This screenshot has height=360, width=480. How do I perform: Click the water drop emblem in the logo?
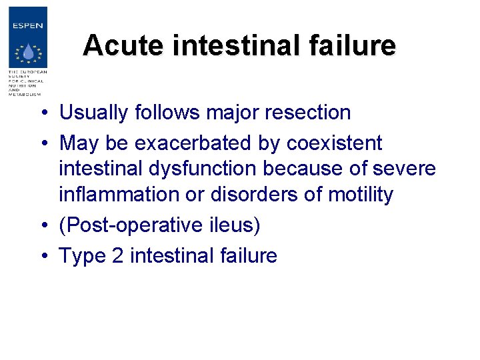27,53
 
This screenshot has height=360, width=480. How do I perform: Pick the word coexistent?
334,143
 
